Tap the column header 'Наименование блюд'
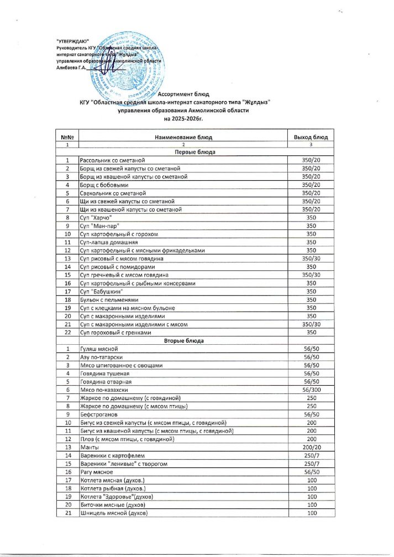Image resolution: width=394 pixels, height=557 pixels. [184, 136]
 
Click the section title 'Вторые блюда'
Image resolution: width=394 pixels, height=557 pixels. [184, 341]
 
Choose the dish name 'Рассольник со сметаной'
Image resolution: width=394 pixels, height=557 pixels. [113, 160]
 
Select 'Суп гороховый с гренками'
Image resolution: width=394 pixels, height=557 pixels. [115, 333]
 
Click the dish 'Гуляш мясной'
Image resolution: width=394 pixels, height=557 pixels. [99, 349]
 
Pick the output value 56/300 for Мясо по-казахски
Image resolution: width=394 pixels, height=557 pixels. [311, 390]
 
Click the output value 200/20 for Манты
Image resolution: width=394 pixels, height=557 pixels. [311, 447]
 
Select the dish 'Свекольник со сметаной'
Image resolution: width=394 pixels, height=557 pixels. [113, 193]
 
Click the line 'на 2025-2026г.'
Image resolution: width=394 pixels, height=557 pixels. [184, 118]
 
